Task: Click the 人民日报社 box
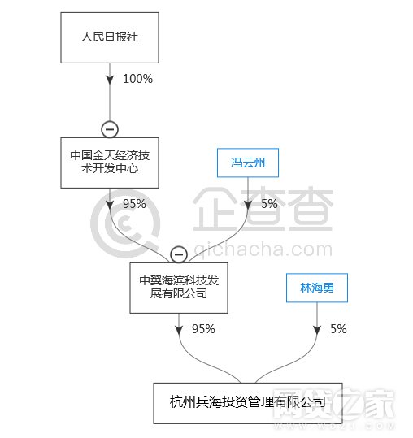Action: click(110, 37)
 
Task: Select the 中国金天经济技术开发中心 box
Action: click(110, 163)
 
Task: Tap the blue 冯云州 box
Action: click(248, 163)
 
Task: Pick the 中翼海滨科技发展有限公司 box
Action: click(179, 288)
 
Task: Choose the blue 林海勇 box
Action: click(317, 288)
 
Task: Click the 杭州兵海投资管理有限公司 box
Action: click(248, 403)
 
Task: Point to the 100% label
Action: click(137, 79)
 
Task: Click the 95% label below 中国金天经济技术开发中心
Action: click(134, 204)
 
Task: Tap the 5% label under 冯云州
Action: click(269, 204)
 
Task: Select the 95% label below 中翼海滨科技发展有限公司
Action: click(203, 329)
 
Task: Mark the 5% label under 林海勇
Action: click(338, 329)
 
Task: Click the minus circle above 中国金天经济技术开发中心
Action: click(110, 129)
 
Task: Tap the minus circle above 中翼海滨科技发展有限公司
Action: click(179, 254)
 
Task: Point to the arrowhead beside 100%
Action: click(110, 80)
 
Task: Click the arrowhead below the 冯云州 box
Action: click(248, 205)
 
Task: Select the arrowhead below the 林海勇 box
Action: click(317, 330)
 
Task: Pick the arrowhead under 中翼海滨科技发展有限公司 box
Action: click(179, 330)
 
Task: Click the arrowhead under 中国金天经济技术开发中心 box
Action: click(110, 205)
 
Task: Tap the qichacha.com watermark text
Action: click(263, 250)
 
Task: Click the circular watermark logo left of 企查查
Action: click(125, 223)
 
